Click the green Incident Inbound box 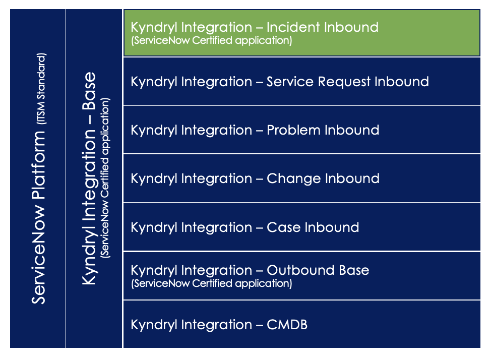[302, 33]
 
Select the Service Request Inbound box [302, 81]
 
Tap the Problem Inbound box [302, 130]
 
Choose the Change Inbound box [302, 178]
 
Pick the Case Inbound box [302, 227]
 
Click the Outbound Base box [302, 276]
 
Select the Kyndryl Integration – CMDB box [302, 324]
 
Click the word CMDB [287, 325]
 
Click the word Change [293, 179]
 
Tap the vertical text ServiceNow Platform [38, 217]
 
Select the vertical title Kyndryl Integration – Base [89, 178]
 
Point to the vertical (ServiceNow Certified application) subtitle [105, 178]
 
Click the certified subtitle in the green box [211, 40]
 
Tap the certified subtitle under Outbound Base [211, 283]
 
